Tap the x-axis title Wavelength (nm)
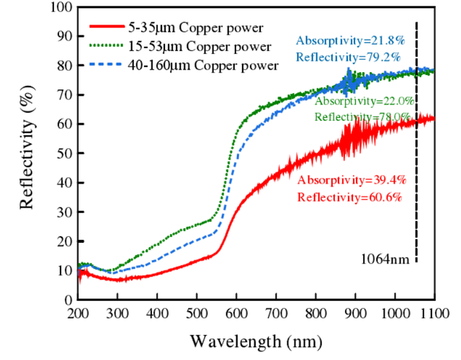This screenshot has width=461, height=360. click(256, 339)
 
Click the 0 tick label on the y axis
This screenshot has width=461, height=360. click(68, 299)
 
